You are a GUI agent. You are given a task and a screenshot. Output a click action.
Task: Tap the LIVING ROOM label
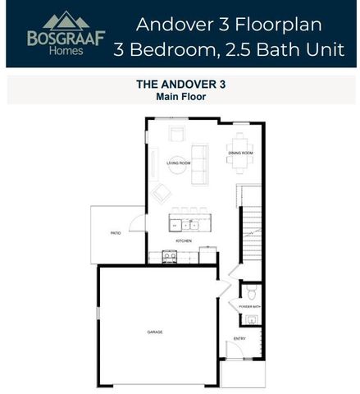178,163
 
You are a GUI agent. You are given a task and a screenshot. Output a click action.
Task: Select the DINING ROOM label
240,153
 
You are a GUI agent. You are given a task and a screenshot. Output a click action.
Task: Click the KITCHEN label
183,241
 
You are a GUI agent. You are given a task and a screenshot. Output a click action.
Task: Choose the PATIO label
116,234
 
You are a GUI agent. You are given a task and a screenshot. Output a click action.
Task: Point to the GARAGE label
155,332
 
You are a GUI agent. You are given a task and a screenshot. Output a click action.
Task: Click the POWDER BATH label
249,306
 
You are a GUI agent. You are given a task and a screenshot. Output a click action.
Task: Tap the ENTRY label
239,338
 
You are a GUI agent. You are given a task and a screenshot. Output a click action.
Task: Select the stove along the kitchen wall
169,257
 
